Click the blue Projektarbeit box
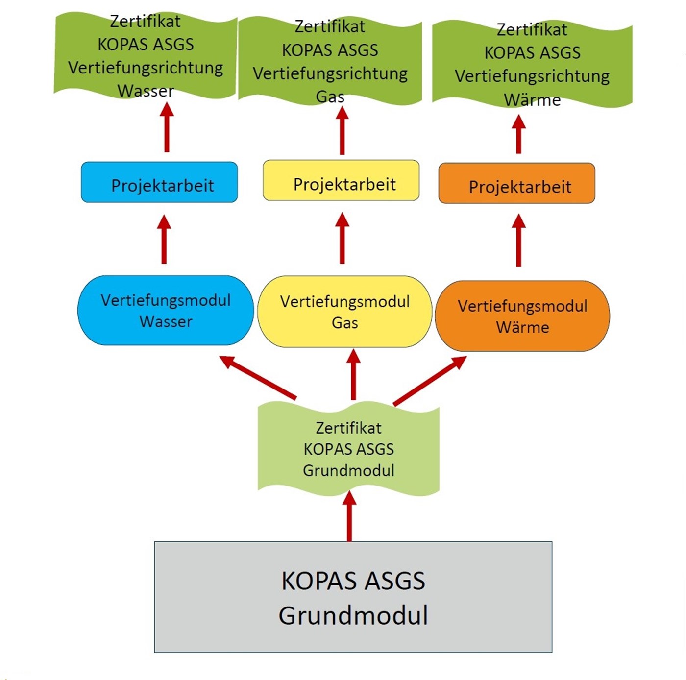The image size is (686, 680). point(159,182)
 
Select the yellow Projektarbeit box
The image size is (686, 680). point(341,180)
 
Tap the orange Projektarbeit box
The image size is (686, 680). point(516,183)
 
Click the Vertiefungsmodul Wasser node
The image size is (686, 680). point(166,311)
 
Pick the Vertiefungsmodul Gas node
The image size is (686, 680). point(344,312)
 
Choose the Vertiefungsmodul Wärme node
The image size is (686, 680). point(522,316)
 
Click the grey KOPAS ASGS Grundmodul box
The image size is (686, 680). point(353,597)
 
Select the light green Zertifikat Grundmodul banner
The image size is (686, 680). point(348,449)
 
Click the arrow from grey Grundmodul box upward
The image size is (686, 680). point(349,517)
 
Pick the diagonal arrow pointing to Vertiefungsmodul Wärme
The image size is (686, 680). point(430,381)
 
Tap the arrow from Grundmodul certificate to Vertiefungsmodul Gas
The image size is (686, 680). point(353,375)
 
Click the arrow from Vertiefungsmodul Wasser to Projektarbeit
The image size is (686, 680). point(164,240)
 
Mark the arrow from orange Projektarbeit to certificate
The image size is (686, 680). point(518,135)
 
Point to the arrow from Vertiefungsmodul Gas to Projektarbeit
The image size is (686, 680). point(342,239)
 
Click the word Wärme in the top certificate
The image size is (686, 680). point(532,100)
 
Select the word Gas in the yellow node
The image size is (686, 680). point(344,323)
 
